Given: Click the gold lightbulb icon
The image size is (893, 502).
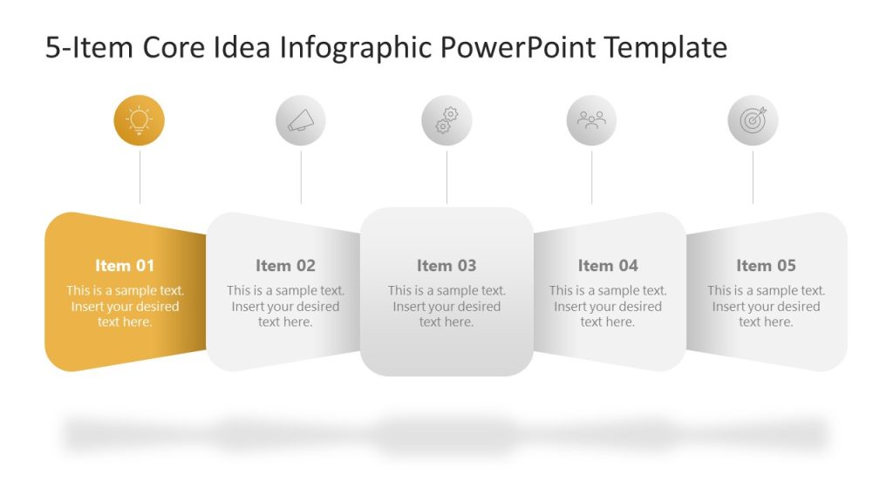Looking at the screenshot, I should [139, 120].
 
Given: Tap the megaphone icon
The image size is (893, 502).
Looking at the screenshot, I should [301, 120].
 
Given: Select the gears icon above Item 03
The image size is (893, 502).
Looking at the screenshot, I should [446, 120].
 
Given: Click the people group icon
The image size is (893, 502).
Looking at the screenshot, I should [591, 120].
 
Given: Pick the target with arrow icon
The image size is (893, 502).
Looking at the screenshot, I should [753, 120].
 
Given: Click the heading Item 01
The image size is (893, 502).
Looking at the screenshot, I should [125, 266].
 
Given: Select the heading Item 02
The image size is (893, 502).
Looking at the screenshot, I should [285, 266].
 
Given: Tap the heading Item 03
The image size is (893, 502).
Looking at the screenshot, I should [446, 266].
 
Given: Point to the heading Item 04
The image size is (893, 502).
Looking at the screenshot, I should [608, 266].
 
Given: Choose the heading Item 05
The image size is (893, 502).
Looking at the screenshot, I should [766, 266].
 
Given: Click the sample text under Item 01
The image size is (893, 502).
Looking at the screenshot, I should [125, 306].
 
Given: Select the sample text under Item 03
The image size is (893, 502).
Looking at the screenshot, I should [446, 306].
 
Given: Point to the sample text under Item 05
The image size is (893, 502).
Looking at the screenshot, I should [766, 306].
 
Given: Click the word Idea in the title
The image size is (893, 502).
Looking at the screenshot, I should [243, 48].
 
